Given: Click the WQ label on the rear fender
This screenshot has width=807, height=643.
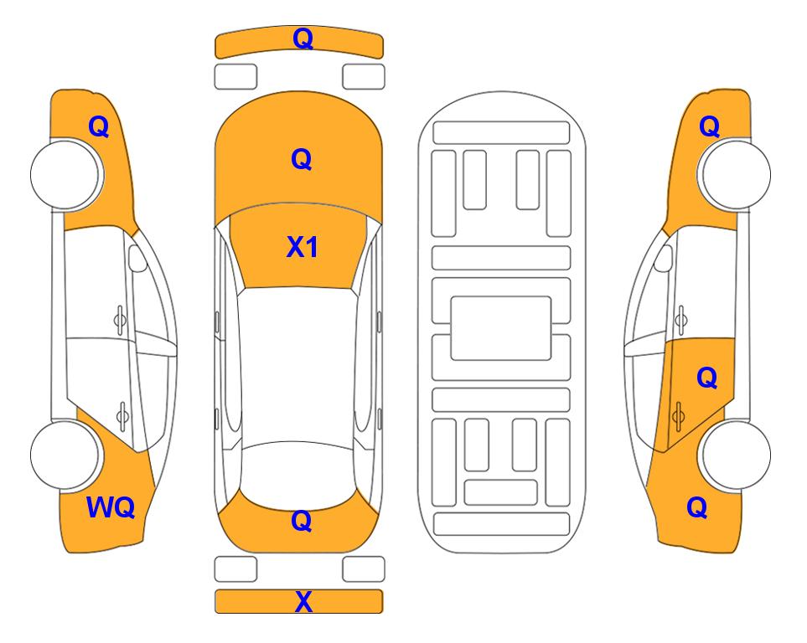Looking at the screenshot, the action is click(x=111, y=507).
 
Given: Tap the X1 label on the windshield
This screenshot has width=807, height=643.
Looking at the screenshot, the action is click(x=303, y=247).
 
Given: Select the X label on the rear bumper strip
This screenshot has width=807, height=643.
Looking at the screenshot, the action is click(x=303, y=602).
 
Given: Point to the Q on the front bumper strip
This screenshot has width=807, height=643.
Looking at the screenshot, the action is click(x=303, y=39).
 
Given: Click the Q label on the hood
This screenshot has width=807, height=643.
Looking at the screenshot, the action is click(x=302, y=159).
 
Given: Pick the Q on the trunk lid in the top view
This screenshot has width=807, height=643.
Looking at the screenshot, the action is click(x=302, y=521).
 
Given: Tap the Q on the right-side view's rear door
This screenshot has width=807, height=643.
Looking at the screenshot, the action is click(x=706, y=378).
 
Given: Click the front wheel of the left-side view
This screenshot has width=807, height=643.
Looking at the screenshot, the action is click(x=65, y=174).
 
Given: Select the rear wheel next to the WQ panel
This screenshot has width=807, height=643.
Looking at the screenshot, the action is click(x=65, y=455).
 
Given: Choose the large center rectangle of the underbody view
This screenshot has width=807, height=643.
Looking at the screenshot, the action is click(x=501, y=328).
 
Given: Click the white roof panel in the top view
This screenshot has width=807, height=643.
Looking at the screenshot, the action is click(x=298, y=365).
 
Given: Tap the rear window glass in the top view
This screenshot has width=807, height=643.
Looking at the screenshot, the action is click(x=298, y=473).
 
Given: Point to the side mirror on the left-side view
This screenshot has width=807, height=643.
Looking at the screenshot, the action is click(x=137, y=258).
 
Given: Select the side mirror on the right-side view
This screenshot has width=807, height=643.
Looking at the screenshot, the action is click(x=664, y=258).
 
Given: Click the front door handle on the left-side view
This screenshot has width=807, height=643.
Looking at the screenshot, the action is click(x=119, y=320).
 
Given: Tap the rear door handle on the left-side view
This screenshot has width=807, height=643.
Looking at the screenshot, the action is click(x=122, y=415).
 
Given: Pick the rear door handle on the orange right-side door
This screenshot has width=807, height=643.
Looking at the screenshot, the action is click(x=678, y=415).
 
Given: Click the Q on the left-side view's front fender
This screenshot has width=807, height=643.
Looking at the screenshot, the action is click(x=99, y=126).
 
